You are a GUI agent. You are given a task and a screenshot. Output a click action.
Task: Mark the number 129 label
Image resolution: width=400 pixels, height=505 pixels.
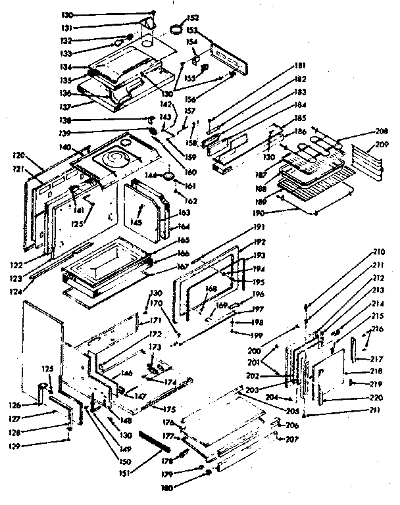(30, 445)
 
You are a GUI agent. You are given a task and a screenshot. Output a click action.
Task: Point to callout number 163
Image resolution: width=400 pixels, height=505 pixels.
(184, 212)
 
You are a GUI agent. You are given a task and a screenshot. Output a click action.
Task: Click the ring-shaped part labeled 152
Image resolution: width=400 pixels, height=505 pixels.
(176, 28)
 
